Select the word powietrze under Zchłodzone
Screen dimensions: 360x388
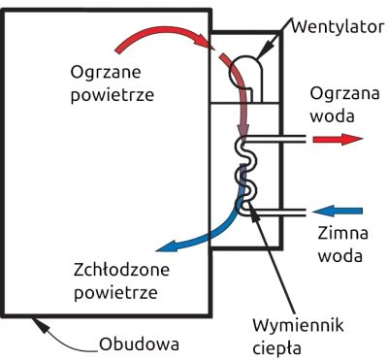(114, 290)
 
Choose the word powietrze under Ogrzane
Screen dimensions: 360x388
(113, 95)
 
